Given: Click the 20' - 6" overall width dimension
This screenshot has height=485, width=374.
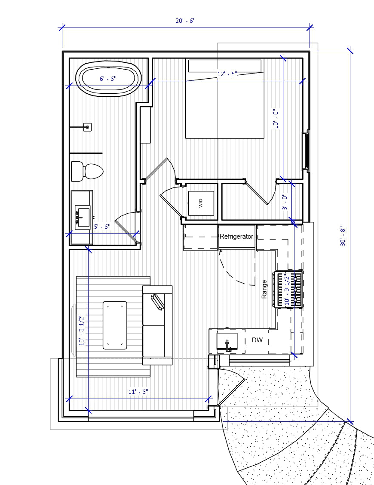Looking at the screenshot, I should point(185,21).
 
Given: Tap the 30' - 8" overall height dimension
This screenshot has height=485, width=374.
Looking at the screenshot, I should point(343,236).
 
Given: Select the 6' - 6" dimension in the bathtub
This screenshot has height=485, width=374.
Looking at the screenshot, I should point(108,79).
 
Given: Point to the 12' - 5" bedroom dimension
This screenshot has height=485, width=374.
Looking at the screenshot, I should point(227,74).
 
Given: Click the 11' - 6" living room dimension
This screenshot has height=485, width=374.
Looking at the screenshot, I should point(138,392).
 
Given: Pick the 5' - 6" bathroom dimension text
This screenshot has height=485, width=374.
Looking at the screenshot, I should point(102,227).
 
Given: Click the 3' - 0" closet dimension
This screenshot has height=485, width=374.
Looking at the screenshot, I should point(284,203).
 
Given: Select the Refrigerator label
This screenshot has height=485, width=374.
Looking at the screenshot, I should point(236,236).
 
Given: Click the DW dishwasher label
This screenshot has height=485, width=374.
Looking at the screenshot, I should point(257,340).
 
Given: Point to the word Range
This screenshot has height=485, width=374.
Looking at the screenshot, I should point(264,289).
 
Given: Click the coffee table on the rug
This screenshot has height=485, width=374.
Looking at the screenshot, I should point(115,325).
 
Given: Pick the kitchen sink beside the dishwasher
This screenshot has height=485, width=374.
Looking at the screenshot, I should point(227,342).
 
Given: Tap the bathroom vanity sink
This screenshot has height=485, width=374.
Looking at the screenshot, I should point(82,214).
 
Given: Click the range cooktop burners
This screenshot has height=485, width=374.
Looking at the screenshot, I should point(288,289).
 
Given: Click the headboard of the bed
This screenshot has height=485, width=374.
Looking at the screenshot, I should point(224,66).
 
